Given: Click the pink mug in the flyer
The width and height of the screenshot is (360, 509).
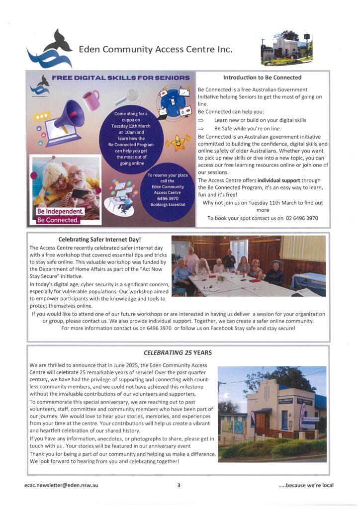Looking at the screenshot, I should tap(90, 100).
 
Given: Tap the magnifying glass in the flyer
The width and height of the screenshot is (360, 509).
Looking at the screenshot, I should tap(131, 95).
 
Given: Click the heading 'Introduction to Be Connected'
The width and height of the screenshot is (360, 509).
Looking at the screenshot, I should tap(262, 78).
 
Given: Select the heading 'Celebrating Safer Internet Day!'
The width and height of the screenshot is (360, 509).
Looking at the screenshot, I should tap(99, 240).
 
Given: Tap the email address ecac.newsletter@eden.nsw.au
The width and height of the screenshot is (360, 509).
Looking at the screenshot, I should tap(60, 485).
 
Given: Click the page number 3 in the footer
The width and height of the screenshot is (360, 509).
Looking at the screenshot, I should tap(179, 485).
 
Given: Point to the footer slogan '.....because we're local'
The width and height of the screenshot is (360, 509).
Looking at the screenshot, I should tap(306, 485).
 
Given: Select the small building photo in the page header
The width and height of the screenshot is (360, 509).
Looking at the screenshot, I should tap(286, 49).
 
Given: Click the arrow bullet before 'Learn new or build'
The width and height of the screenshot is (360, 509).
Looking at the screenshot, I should tap(201, 120).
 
